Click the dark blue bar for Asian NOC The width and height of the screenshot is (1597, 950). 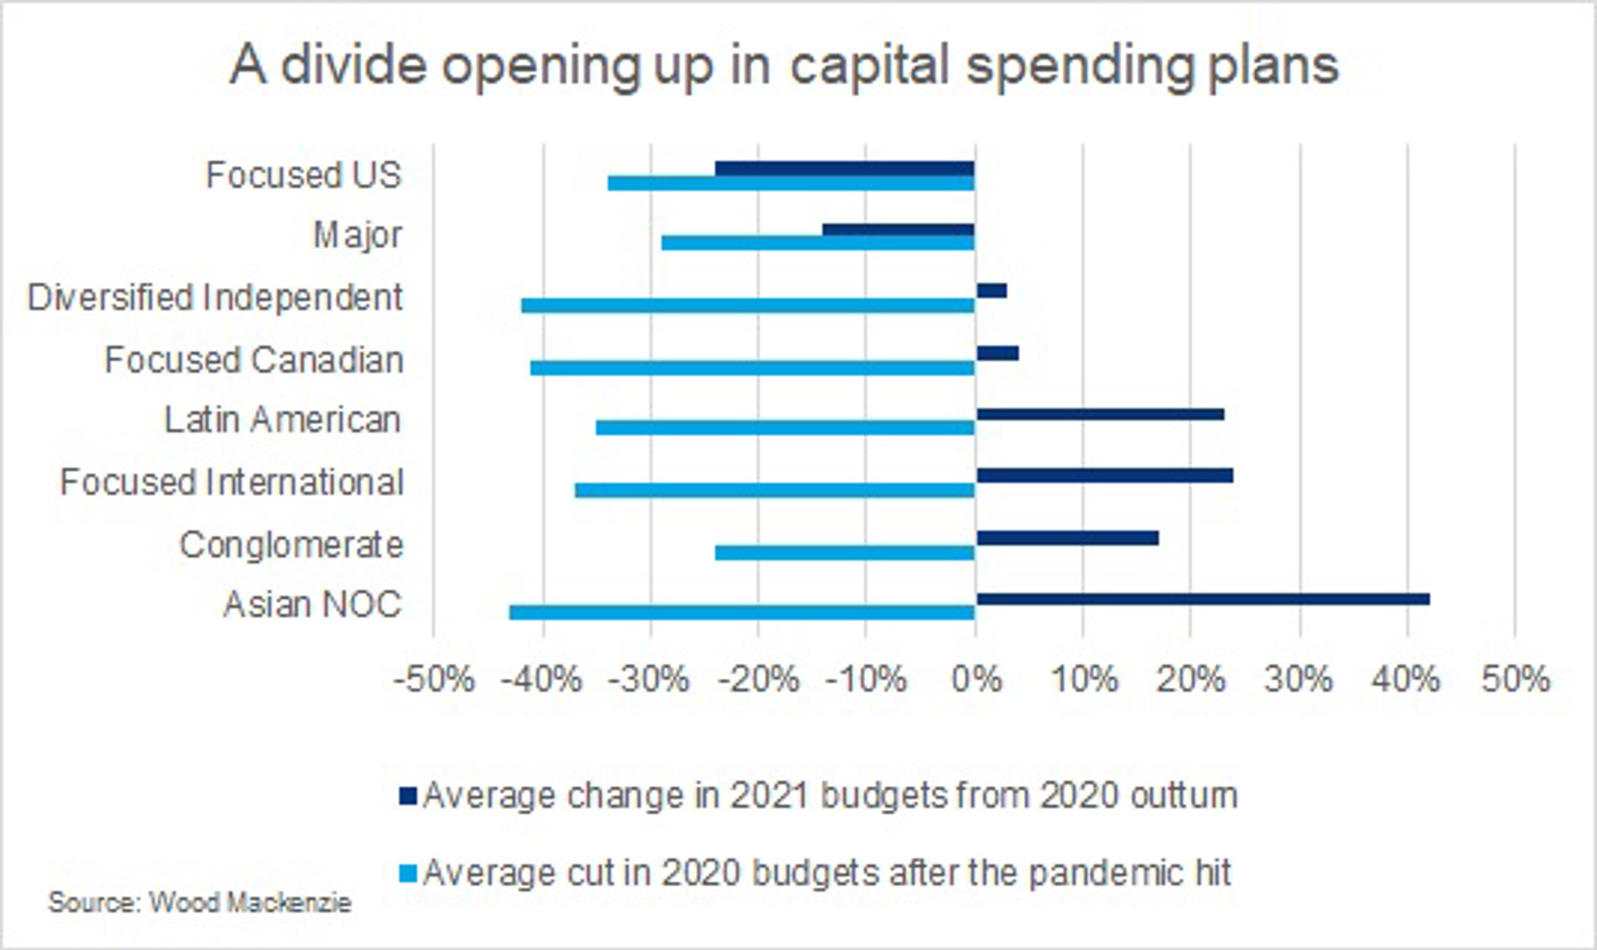pos(1202,600)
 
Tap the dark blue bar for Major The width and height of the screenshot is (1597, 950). pos(898,230)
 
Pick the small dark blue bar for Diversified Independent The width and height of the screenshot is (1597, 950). pos(991,291)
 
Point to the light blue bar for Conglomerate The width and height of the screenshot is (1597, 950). pos(845,553)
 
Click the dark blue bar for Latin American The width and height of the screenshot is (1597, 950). pos(1100,414)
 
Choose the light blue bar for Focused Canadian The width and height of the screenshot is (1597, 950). pos(752,367)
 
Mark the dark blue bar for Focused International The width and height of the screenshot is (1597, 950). pos(1105,475)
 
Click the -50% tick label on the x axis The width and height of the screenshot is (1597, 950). pos(434,680)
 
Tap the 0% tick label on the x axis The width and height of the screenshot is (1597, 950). pos(976,680)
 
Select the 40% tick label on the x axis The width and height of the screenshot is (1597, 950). pos(1405,680)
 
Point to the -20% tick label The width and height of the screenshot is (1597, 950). pos(759,680)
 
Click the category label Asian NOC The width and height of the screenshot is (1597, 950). pos(312,605)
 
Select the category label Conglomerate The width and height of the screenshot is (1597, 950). pos(291,545)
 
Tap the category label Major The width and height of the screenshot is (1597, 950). pos(358,236)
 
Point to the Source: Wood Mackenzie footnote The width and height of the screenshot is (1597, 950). pos(200,903)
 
